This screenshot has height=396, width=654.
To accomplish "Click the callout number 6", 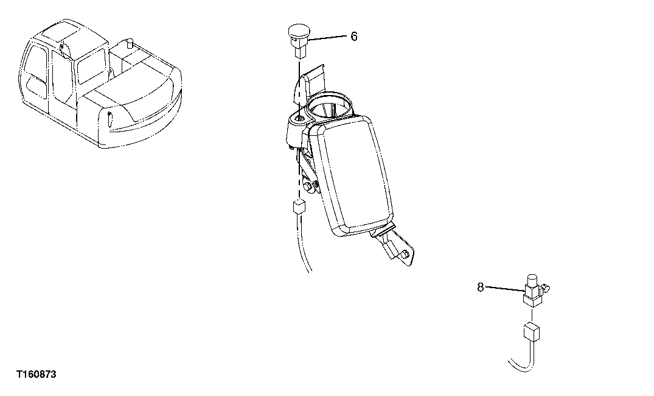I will (354, 37).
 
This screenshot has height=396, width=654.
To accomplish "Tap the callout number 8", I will (481, 287).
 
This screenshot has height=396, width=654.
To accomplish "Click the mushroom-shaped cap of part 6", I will (298, 29).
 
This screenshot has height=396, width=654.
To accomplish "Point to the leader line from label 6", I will (329, 38).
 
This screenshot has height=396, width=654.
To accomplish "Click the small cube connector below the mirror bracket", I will (299, 207).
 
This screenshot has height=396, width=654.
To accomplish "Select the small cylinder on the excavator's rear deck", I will (129, 44).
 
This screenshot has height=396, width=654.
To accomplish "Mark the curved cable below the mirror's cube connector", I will (302, 250).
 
